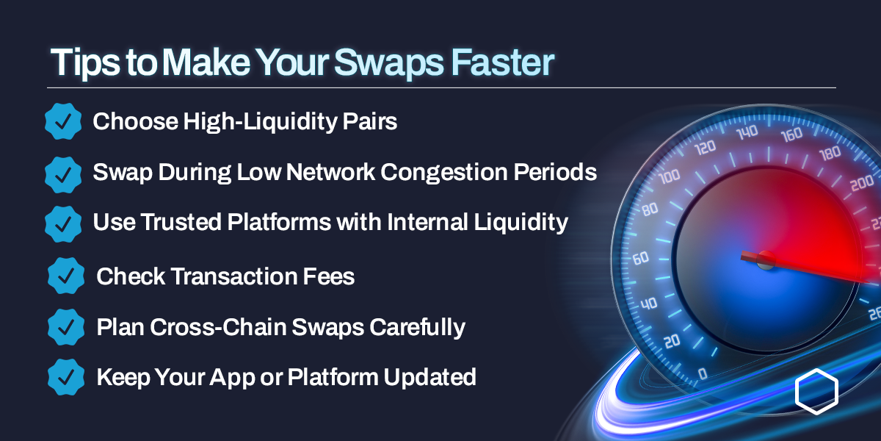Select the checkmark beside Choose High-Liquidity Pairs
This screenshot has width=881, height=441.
coord(63,122)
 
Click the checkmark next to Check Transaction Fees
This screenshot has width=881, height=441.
coord(66,276)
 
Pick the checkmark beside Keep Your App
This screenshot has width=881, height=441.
coord(66,377)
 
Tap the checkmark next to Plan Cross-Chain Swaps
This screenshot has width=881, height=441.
coord(66,326)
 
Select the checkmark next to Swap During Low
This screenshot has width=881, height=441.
coord(63,173)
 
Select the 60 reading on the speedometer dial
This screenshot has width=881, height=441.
coord(640,258)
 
